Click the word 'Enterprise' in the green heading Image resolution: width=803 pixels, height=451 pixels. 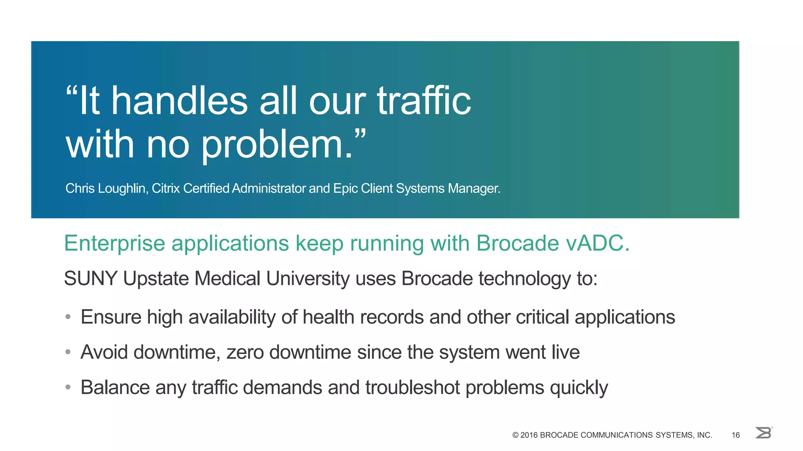tap(114, 244)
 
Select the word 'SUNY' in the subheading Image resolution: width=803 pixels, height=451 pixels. tap(91, 279)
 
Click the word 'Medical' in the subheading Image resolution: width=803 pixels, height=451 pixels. tap(227, 279)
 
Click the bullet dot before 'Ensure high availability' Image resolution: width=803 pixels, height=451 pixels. tap(68, 317)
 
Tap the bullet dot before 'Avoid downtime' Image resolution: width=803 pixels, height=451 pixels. tap(68, 352)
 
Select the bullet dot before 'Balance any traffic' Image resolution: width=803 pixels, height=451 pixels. tap(68, 387)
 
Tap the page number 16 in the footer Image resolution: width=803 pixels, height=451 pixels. tap(736, 435)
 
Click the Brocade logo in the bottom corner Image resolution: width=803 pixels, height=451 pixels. tap(763, 433)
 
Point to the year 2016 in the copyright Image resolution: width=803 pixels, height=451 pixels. tap(529, 435)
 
